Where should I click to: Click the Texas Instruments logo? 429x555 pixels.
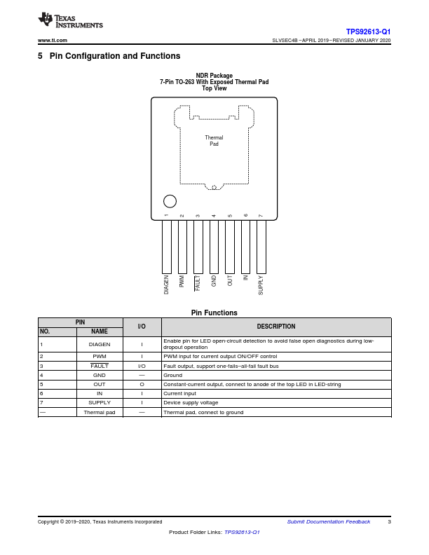click(70, 22)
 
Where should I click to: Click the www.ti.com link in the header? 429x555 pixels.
click(53, 41)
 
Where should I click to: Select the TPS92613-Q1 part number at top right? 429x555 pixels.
click(368, 32)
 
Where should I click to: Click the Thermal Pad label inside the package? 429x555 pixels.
click(214, 141)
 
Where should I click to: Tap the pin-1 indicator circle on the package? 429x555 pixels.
click(170, 201)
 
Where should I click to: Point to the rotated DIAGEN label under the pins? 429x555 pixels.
click(167, 285)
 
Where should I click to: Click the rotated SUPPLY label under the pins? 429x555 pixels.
click(261, 285)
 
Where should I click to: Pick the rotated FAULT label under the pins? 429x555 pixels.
click(198, 283)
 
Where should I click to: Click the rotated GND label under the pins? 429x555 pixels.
click(214, 282)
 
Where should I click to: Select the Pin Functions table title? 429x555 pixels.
click(214, 313)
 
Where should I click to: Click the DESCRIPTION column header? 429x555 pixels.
click(276, 327)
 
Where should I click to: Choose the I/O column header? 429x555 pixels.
click(142, 327)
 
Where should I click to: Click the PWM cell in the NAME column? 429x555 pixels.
click(99, 357)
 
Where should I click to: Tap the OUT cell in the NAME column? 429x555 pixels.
click(99, 384)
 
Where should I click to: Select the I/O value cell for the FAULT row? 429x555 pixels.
click(142, 366)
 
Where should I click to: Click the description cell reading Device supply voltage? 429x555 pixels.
click(191, 402)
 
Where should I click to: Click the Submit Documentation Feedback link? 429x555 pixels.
click(329, 521)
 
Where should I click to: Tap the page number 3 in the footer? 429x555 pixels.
click(389, 521)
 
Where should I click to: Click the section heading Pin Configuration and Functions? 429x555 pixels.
click(114, 56)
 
